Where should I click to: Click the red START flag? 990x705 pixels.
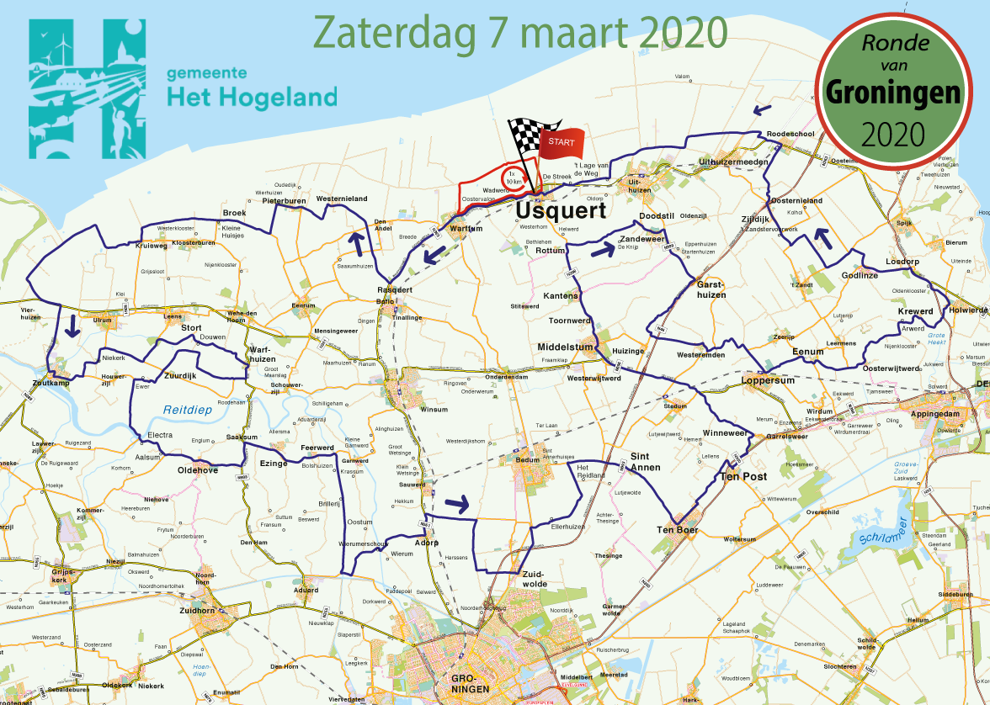point(560,142)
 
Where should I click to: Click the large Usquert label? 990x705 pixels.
point(561,210)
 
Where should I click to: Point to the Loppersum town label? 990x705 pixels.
point(768,380)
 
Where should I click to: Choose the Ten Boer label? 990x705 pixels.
point(678,529)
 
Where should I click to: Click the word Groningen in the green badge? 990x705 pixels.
point(892,93)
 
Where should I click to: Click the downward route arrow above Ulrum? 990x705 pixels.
point(72,326)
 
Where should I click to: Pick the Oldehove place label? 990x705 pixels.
point(197,470)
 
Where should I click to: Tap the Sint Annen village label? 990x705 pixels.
point(646,462)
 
